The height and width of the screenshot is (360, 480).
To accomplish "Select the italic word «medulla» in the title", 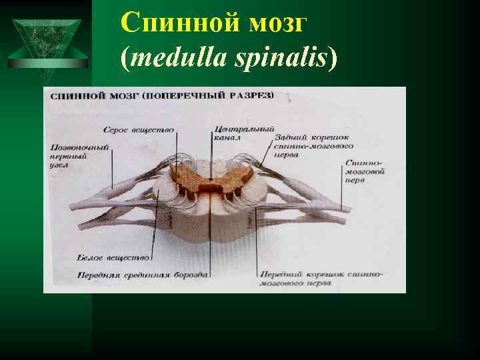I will (x=175, y=59).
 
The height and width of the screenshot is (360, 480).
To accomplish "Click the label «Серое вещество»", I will (x=139, y=129).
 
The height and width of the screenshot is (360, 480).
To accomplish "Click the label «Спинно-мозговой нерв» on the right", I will (x=365, y=171).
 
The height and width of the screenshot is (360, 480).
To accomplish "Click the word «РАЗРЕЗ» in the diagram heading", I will (x=253, y=96).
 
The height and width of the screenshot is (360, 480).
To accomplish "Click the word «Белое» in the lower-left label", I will (x=89, y=257).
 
